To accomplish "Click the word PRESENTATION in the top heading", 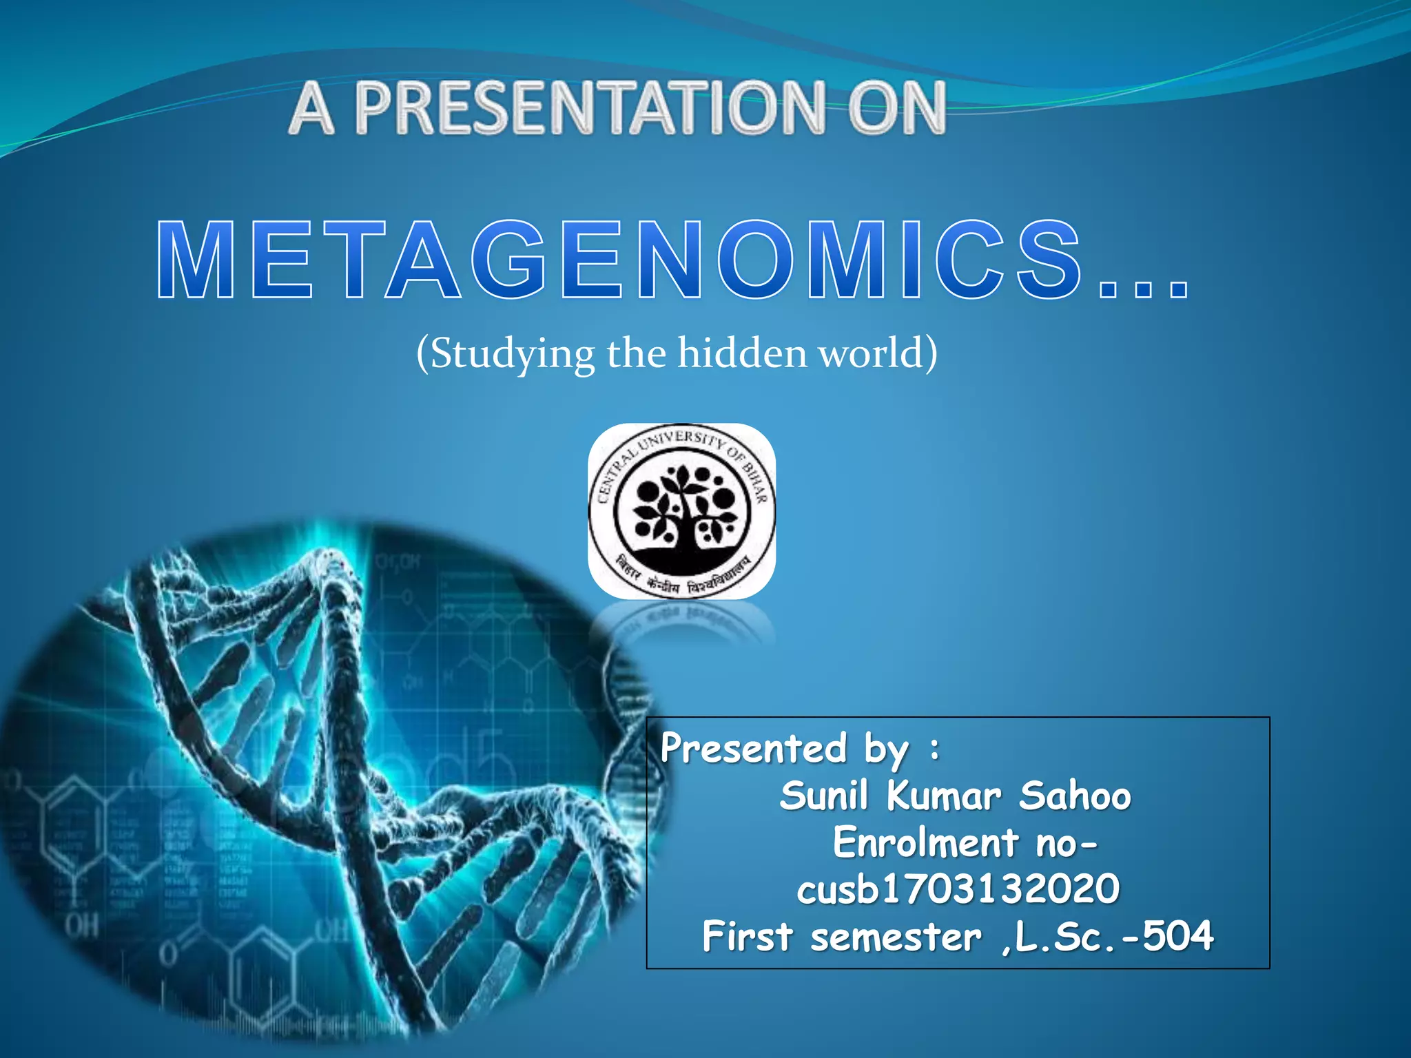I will pyautogui.click(x=590, y=108).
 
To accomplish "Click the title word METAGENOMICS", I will pyautogui.click(x=620, y=260).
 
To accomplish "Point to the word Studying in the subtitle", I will pyautogui.click(x=513, y=354).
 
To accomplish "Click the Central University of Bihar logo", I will pyautogui.click(x=681, y=511).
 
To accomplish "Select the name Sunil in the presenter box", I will pyautogui.click(x=824, y=796).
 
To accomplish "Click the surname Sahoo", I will pyautogui.click(x=1075, y=796).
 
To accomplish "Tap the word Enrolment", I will pyautogui.click(x=925, y=842).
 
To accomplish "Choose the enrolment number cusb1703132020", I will pyautogui.click(x=958, y=889).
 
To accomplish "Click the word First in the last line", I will pyautogui.click(x=748, y=936).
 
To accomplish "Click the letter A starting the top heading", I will pyautogui.click(x=312, y=108).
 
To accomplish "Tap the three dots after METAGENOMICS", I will pyautogui.click(x=1144, y=288).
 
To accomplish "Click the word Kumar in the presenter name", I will pyautogui.click(x=943, y=796).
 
